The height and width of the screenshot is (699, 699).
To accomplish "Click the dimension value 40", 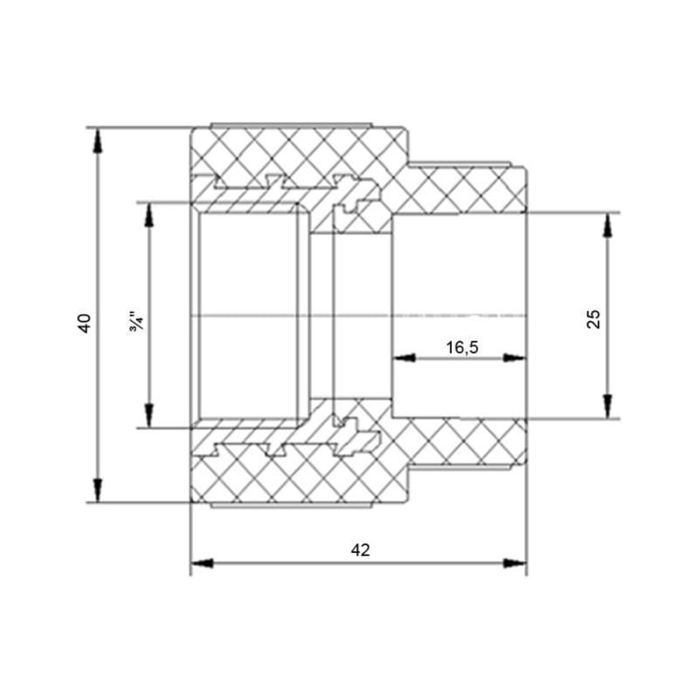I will coord(85,322).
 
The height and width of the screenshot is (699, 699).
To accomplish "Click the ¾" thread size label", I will coord(135,319).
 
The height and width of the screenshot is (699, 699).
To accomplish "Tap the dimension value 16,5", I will coord(461,347).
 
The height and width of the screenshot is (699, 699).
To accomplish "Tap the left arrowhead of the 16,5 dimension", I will coord(400,356).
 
